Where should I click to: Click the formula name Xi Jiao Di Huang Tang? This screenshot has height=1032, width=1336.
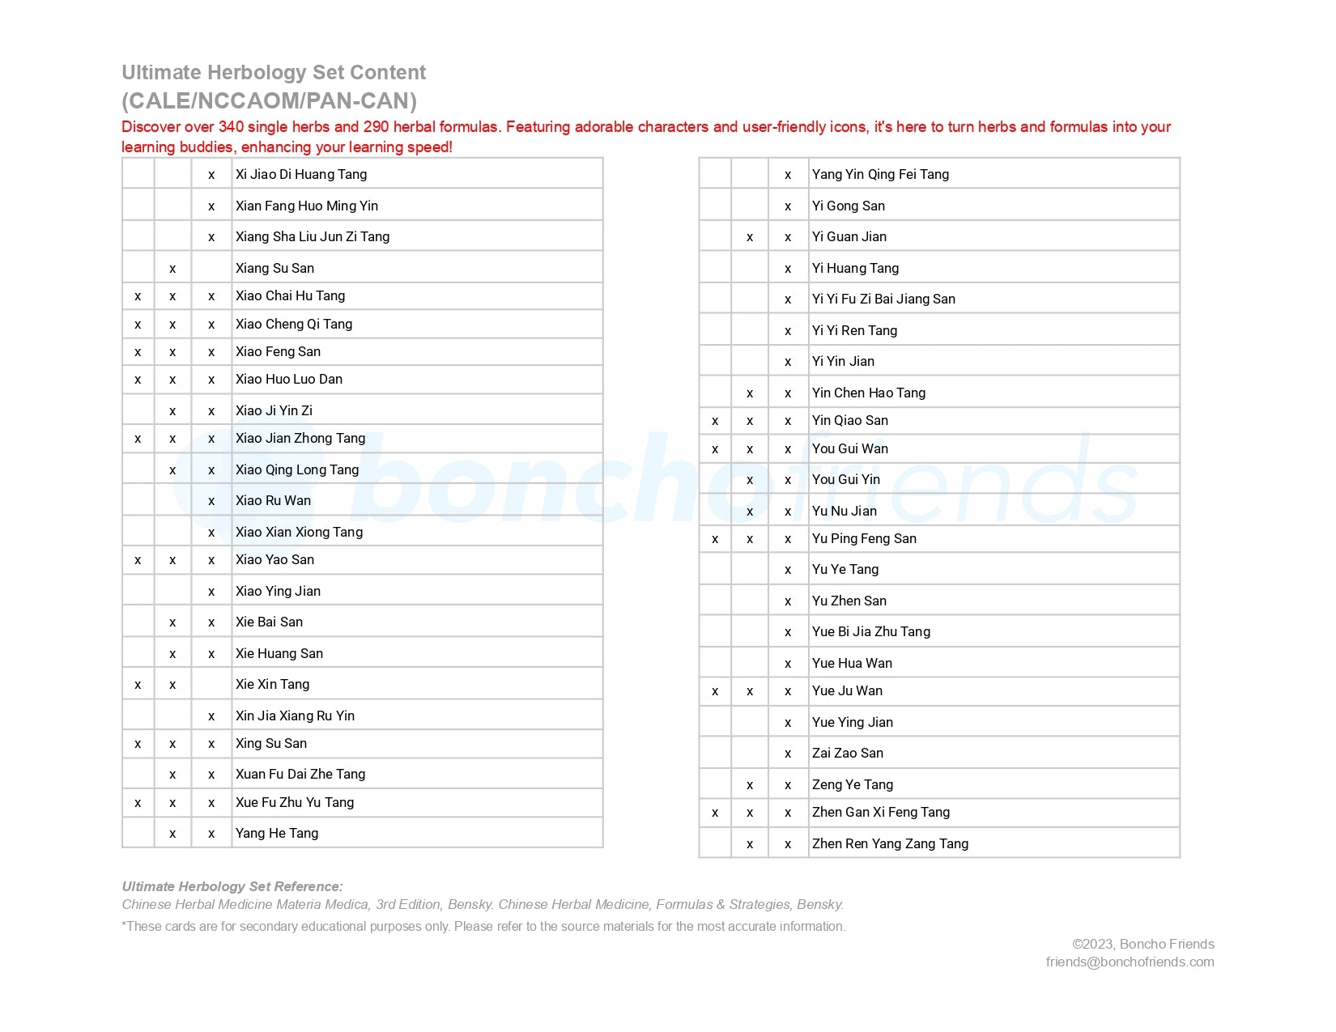coord(300,174)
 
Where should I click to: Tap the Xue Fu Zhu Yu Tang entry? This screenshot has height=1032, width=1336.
coord(294,802)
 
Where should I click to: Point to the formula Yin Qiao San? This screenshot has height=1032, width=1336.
coord(849,420)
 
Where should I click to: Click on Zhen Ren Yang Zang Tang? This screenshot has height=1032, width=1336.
coord(890,843)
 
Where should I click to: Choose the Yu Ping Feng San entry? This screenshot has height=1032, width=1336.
coord(864,538)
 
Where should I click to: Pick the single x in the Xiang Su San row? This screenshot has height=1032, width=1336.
coord(172,269)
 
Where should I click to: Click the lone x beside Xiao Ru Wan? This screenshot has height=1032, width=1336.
coord(211,501)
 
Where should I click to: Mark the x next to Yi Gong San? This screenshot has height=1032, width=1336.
coord(788,206)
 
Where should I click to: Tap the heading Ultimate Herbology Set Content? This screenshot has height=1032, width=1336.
coord(274,73)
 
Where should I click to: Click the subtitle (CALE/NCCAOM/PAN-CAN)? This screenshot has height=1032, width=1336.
coord(269,101)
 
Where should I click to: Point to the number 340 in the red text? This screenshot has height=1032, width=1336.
coord(231,127)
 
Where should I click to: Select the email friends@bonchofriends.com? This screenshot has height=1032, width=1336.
coord(1130,962)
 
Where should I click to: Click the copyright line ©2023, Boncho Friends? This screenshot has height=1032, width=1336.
coord(1142,944)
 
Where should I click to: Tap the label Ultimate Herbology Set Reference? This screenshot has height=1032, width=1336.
coord(232,886)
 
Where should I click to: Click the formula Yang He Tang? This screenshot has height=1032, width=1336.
coord(276,833)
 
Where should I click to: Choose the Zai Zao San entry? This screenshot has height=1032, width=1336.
coord(847,753)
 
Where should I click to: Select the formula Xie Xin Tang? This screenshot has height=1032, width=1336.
coord(272,684)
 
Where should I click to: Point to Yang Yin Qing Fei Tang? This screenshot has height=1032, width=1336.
coord(880,174)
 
